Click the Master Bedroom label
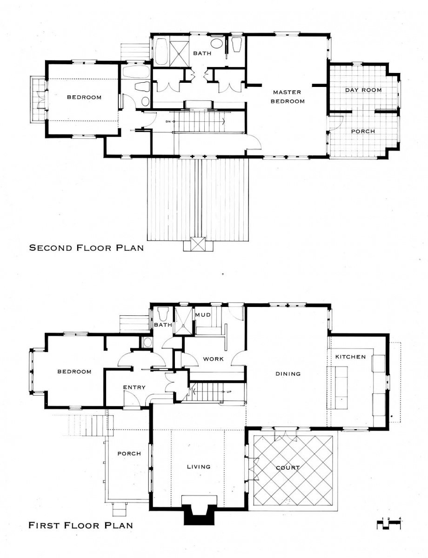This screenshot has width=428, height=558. click(287, 97)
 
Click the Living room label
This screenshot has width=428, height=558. click(197, 467)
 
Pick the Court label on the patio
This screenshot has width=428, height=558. click(286, 468)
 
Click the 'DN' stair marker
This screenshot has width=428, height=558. click(169, 121)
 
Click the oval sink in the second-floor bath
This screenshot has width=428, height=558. click(215, 44)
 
